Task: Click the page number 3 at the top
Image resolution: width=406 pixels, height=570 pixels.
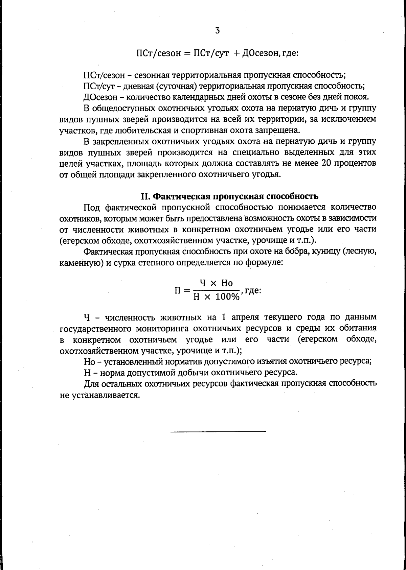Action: pos(217,31)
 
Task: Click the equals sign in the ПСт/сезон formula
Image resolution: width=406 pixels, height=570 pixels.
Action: pos(187,54)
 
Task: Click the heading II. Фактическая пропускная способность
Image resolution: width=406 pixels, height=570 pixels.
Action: pos(229,196)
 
